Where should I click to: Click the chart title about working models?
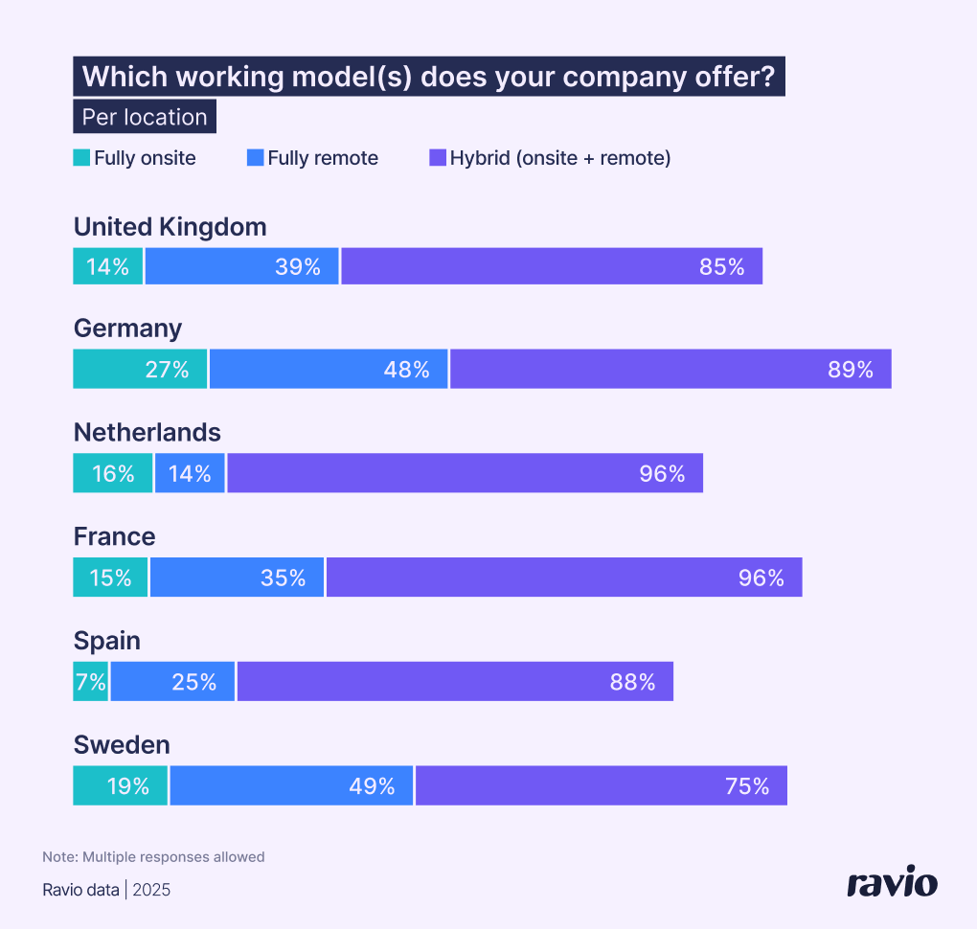[429, 77]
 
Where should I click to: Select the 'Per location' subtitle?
[145, 117]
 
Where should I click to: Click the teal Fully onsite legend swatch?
[81, 158]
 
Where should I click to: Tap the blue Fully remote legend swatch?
[255, 158]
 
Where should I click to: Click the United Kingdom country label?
[170, 227]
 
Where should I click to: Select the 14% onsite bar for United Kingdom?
[108, 266]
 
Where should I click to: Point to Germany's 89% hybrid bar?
[670, 370]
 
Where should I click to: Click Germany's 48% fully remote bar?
[329, 370]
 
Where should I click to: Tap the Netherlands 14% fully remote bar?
[190, 473]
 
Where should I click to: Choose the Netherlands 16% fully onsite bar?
[113, 473]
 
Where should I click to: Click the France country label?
[114, 536]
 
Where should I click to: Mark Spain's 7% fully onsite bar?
[91, 682]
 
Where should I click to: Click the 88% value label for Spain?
[632, 682]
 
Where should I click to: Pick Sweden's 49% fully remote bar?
[292, 786]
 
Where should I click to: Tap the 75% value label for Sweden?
[747, 786]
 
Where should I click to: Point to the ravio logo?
[892, 882]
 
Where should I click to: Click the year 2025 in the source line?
[151, 891]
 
